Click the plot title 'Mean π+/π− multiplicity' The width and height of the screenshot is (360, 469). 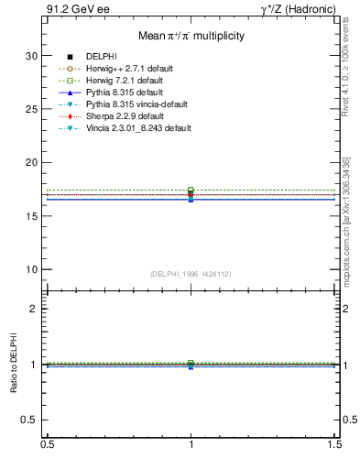(x=191, y=37)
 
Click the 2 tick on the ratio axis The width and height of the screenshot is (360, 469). (x=33, y=309)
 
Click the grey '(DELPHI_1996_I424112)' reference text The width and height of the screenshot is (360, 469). (x=191, y=274)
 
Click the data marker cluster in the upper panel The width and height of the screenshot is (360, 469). (x=191, y=194)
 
